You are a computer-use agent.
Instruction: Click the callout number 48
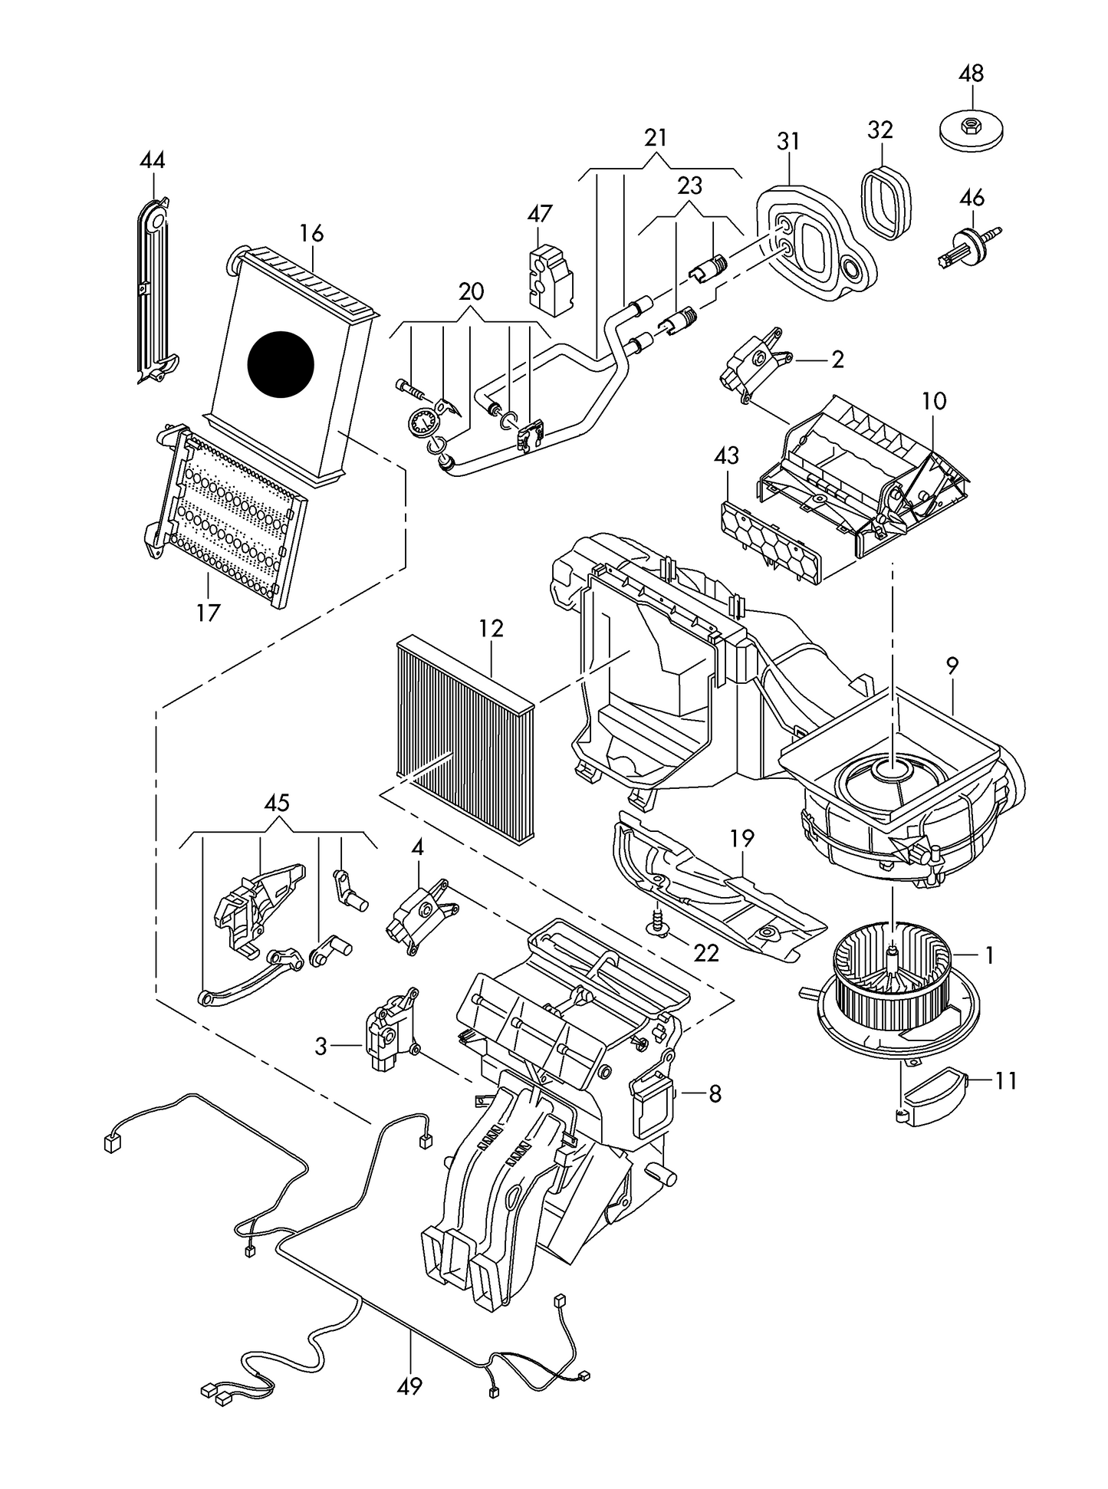pyautogui.click(x=972, y=74)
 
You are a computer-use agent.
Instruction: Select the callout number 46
pyautogui.click(x=972, y=198)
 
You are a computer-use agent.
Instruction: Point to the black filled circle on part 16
pyautogui.click(x=281, y=364)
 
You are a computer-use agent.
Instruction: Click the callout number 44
pyautogui.click(x=153, y=160)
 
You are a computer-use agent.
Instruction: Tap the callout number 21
pyautogui.click(x=656, y=138)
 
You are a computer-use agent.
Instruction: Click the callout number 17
pyautogui.click(x=208, y=613)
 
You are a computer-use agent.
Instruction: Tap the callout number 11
pyautogui.click(x=1005, y=1081)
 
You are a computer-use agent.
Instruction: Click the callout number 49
pyautogui.click(x=410, y=1386)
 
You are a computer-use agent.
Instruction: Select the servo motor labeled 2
pyautogui.click(x=755, y=361)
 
